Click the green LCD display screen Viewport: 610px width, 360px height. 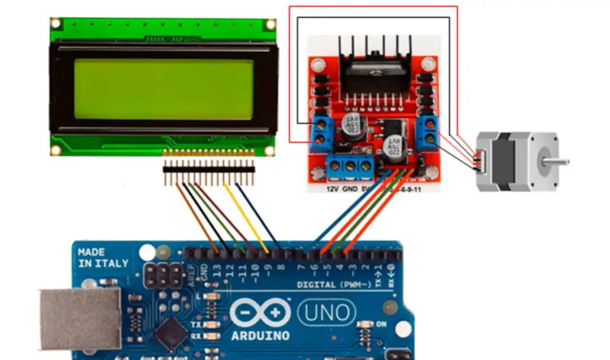[163, 89]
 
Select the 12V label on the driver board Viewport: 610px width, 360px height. [333, 189]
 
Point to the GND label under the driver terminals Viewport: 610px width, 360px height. [350, 189]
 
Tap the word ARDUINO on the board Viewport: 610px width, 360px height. [260, 336]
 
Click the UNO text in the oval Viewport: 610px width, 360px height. [327, 312]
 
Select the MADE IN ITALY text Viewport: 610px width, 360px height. [103, 258]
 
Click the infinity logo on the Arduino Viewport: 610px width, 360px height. [260, 313]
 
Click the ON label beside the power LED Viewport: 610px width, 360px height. [381, 324]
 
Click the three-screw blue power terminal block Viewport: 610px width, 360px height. [350, 166]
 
